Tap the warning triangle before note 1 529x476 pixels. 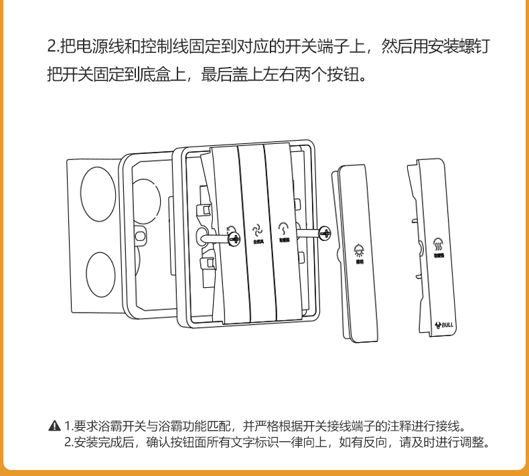[55, 426]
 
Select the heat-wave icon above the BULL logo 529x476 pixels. [439, 243]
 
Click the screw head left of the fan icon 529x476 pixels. [233, 236]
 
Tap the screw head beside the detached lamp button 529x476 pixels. [325, 234]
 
